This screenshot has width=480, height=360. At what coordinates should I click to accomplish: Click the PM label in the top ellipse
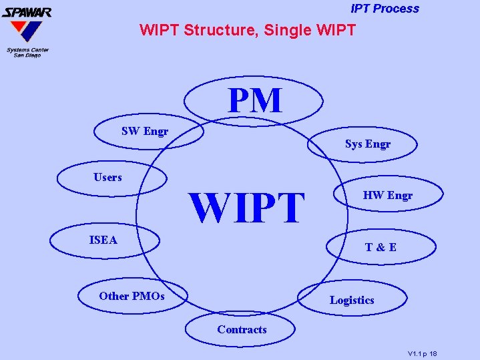pyautogui.click(x=255, y=101)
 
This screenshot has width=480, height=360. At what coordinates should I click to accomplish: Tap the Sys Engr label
pyautogui.click(x=368, y=144)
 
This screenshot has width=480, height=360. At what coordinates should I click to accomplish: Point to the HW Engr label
pyautogui.click(x=388, y=196)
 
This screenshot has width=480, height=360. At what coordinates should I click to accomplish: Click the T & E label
pyautogui.click(x=381, y=247)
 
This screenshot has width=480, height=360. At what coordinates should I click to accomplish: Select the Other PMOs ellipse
pyautogui.click(x=132, y=296)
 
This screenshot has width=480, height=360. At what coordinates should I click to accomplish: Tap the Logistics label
pyautogui.click(x=352, y=301)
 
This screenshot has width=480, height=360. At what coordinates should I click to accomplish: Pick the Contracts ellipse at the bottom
pyautogui.click(x=241, y=330)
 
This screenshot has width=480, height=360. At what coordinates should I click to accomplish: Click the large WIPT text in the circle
pyautogui.click(x=247, y=208)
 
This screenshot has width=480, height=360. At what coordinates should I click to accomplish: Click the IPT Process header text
pyautogui.click(x=385, y=9)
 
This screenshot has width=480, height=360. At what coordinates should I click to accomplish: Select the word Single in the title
pyautogui.click(x=288, y=30)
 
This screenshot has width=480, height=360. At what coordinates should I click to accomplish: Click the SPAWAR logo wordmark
pyautogui.click(x=27, y=11)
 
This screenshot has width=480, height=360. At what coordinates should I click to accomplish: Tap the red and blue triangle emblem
pyautogui.click(x=25, y=31)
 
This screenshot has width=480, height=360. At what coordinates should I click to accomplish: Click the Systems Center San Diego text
pyautogui.click(x=27, y=52)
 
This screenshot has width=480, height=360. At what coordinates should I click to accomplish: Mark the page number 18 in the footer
pyautogui.click(x=433, y=353)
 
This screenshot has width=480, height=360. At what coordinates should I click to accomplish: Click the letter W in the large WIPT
pyautogui.click(x=208, y=208)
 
